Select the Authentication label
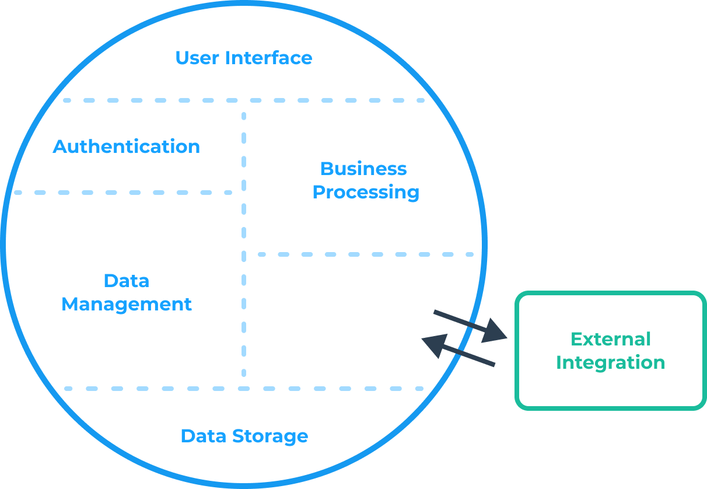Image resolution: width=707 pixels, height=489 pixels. (127, 146)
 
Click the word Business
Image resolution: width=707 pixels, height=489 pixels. (363, 169)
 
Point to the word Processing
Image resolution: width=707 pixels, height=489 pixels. (366, 192)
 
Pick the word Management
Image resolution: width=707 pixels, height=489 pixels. (127, 304)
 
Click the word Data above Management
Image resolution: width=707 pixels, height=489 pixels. (127, 281)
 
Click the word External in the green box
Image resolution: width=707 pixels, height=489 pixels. (610, 339)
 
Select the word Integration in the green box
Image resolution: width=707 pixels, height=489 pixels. (610, 362)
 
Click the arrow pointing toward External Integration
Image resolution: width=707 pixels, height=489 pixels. (467, 324)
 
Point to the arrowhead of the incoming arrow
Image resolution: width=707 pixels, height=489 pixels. (434, 344)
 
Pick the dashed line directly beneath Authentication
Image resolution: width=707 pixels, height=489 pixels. (123, 192)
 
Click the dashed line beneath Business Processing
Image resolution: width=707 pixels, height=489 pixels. (366, 254)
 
